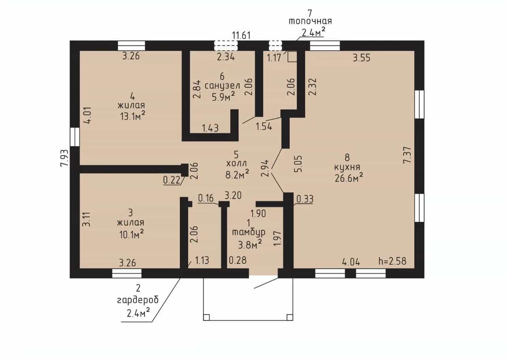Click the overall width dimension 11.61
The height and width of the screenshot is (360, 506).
pyautogui.click(x=242, y=36)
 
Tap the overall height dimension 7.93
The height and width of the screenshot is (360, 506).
pyautogui.click(x=64, y=158)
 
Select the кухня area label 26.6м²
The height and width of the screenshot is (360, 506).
pyautogui.click(x=349, y=178)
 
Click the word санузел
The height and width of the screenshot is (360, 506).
pyautogui.click(x=222, y=86)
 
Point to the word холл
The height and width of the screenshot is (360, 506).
pyautogui.click(x=236, y=163)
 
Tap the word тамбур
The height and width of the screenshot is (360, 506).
pyautogui.click(x=249, y=232)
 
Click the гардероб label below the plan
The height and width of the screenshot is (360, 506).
pyautogui.click(x=138, y=300)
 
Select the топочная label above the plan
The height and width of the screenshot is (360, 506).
pyautogui.click(x=310, y=21)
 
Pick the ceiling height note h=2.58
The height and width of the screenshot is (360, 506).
pyautogui.click(x=393, y=261)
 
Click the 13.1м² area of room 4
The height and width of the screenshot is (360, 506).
pyautogui.click(x=132, y=116)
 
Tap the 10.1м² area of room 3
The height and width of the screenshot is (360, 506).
pyautogui.click(x=132, y=234)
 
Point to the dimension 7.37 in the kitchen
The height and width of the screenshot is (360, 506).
pyautogui.click(x=408, y=155)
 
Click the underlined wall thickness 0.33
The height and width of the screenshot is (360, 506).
pyautogui.click(x=305, y=199)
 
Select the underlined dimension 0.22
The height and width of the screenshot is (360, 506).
pyautogui.click(x=172, y=180)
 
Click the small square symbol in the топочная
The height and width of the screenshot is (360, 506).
pyautogui.click(x=292, y=57)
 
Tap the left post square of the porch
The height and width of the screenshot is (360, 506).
pyautogui.click(x=206, y=317)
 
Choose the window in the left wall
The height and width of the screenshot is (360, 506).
pyautogui.click(x=75, y=137)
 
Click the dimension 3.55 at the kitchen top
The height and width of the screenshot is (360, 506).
pyautogui.click(x=362, y=58)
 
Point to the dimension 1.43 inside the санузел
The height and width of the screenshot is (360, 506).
pyautogui.click(x=210, y=128)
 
